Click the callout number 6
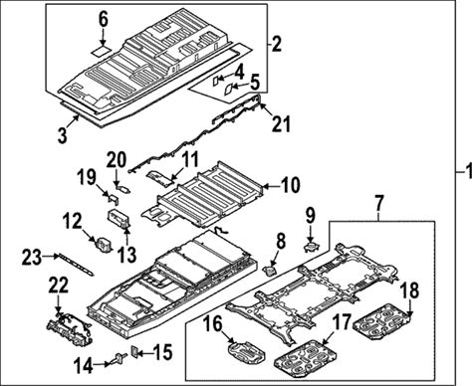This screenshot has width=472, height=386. pos(104,20)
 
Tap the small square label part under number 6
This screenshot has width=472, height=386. pos(101,51)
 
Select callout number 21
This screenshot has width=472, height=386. pos(281,123)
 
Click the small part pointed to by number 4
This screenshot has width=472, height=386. pos(216,81)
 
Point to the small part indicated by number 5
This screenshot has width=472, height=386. pos(229,90)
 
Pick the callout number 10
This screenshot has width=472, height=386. pos(290,185)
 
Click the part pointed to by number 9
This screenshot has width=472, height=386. pos(311,247)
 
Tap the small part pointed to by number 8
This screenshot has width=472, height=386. pos(270,271)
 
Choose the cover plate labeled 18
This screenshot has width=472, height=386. pos(382,320)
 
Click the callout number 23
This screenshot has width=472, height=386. pos(32,258)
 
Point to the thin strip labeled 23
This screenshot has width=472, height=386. pos(76,265)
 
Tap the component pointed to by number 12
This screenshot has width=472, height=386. pos(104,245)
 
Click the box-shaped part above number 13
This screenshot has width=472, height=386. pos(118,218)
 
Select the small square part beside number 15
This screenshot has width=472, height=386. pos(135,350)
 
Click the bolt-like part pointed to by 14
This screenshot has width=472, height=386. pos(118,358)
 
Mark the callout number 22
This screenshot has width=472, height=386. pos(59,285)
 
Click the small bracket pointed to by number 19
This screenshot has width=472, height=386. pos(114,200)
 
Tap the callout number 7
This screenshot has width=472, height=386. pos(379,203)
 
